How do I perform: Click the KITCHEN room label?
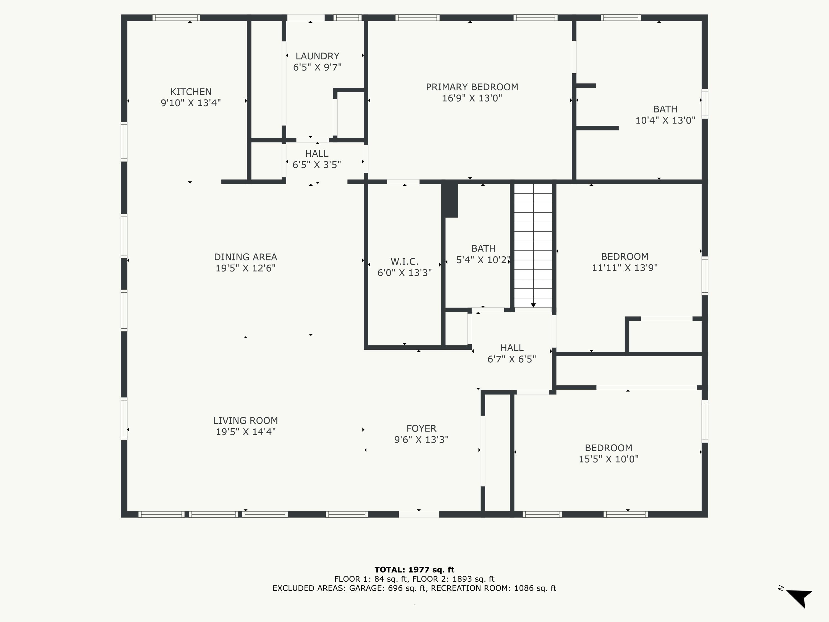[x=191, y=92]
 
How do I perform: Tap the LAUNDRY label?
[x=318, y=56]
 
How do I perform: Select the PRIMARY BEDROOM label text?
[x=472, y=87]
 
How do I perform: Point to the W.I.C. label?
[x=404, y=262]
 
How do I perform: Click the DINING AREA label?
[x=245, y=257]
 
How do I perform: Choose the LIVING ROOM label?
[x=245, y=421]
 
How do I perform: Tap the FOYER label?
[x=421, y=428]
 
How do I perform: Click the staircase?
[x=533, y=245]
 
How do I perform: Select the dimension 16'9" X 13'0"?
[x=472, y=98]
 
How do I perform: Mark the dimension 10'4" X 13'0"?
[x=665, y=120]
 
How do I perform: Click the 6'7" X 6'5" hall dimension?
[x=511, y=359]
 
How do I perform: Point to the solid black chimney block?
[x=450, y=200]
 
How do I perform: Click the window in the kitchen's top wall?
[x=176, y=18]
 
